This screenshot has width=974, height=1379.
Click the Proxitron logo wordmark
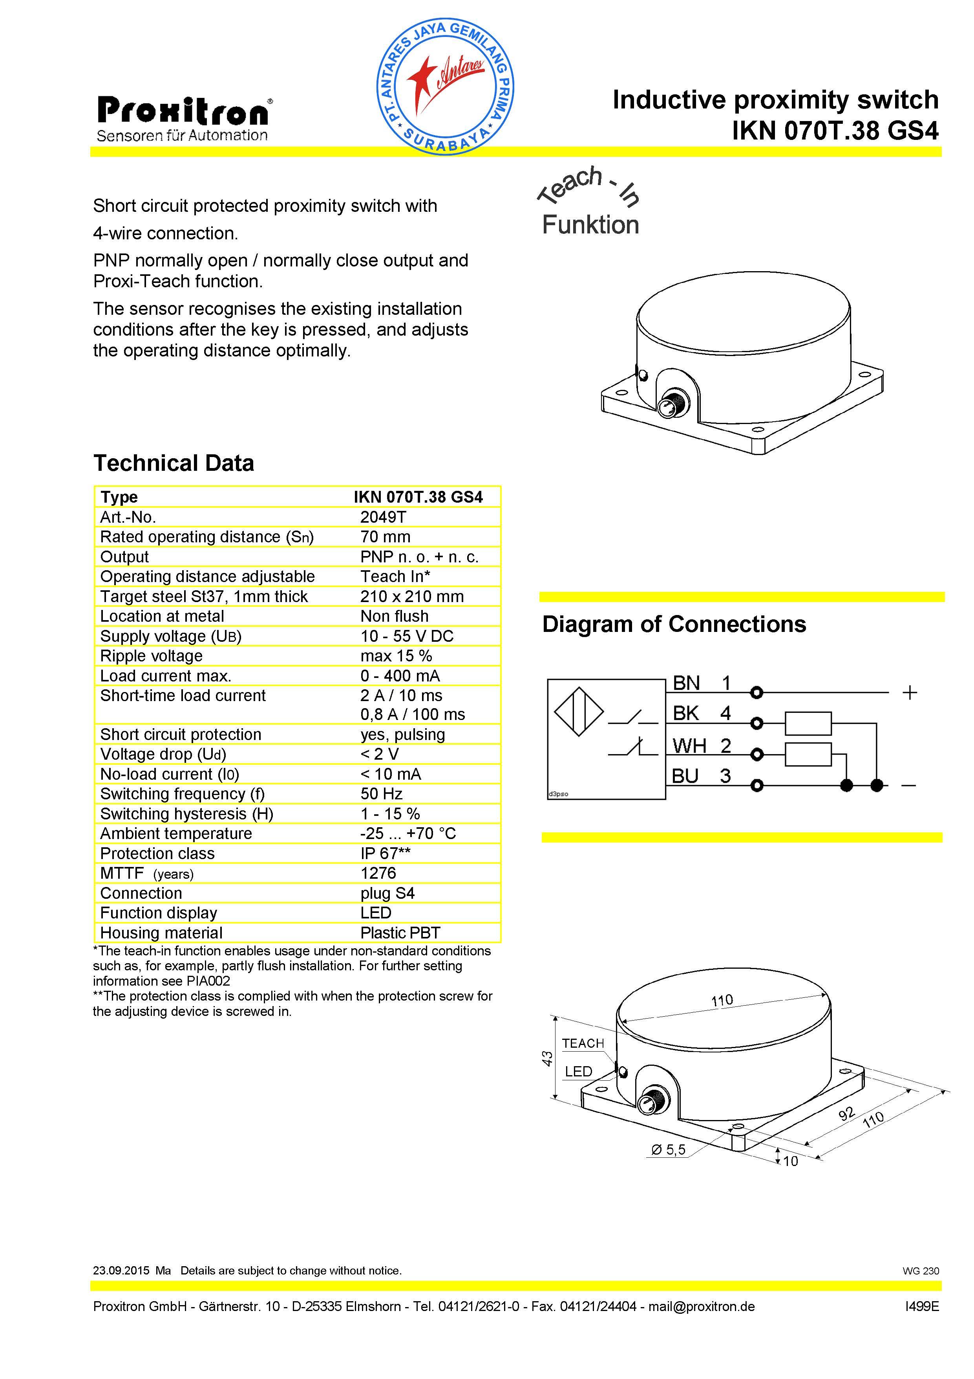(183, 112)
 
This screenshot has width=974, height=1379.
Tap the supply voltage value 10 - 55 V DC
(407, 636)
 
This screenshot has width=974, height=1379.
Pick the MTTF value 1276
(378, 873)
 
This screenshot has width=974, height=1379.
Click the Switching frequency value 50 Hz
(381, 794)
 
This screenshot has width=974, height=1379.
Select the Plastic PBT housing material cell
(400, 933)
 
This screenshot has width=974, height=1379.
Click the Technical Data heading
(174, 463)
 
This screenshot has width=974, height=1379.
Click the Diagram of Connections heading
(674, 624)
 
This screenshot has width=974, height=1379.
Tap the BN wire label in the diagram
(686, 683)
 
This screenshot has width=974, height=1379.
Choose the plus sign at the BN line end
(910, 692)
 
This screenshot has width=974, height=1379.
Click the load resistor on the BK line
(808, 723)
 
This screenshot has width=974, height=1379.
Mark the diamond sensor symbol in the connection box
(579, 712)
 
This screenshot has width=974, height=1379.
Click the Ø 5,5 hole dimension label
(668, 1149)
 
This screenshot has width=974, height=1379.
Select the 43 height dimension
(547, 1058)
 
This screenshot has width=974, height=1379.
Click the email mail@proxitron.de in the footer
(702, 1306)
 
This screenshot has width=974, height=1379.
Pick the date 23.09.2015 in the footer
(121, 1270)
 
